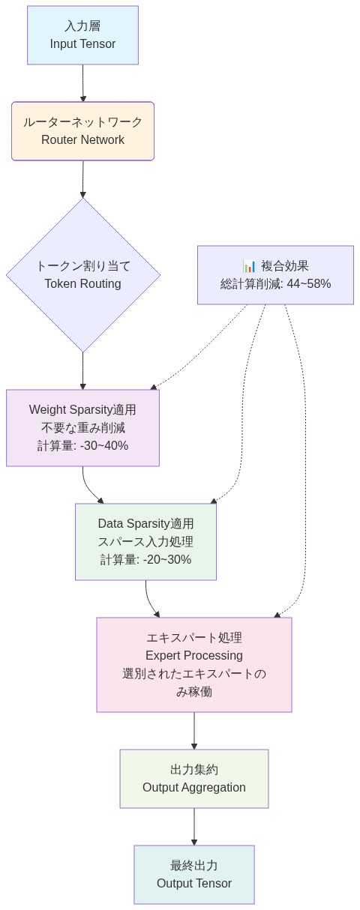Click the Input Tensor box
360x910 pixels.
coord(82,35)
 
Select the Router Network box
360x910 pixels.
coord(82,131)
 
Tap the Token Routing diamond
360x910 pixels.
coord(82,274)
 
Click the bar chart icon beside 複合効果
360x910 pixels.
coord(250,266)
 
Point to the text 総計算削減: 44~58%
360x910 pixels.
coord(275,284)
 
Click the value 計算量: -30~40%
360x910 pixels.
coord(82,446)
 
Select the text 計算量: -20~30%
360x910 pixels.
coord(145,560)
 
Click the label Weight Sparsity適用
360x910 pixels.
coord(82,410)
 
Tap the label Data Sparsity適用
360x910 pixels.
coord(145,524)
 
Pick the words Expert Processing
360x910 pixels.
coord(193,656)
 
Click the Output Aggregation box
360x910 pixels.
coord(193,779)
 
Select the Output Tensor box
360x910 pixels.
coord(193,875)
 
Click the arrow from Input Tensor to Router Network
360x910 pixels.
coord(82,83)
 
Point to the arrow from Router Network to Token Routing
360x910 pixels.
coord(82,179)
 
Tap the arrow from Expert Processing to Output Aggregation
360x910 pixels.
coord(193,731)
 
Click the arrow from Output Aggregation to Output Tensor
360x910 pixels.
coord(193,827)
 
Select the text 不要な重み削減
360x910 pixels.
coord(82,428)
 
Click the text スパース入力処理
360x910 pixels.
coord(145,542)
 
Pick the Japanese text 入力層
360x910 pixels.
coord(82,26)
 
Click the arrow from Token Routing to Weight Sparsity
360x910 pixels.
coord(82,371)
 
